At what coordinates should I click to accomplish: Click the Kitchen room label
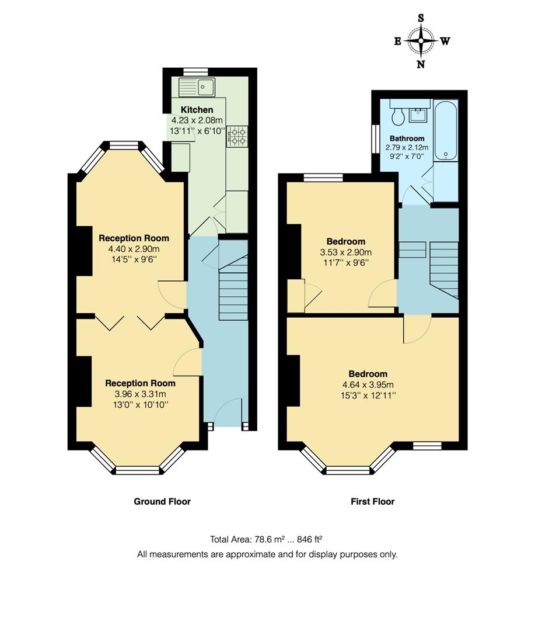point(197,110)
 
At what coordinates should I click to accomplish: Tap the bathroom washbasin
point(419,114)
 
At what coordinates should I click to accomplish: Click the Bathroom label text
point(407,138)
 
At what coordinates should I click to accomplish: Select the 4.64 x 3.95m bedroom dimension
point(368,384)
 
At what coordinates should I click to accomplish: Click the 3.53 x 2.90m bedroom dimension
point(345,252)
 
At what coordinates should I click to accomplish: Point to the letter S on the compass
point(421,18)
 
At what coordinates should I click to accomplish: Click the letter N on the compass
point(421,64)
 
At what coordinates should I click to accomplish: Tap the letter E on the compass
point(397,41)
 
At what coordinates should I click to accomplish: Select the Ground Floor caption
point(162,501)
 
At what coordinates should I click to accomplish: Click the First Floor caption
point(372,501)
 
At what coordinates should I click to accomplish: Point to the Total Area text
point(267,539)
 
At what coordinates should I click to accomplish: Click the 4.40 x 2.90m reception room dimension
point(134,249)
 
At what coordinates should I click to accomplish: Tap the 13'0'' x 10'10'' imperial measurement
point(140,404)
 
